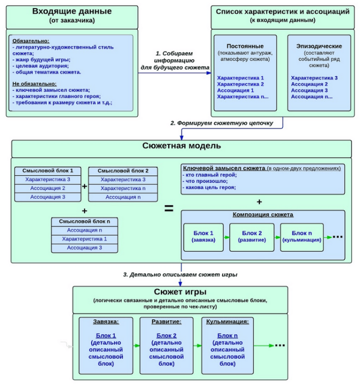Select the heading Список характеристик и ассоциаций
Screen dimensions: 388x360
[283, 11]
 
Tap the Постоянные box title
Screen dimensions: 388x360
[244, 46]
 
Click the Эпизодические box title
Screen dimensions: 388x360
[318, 46]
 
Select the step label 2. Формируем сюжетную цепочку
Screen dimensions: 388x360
[221, 123]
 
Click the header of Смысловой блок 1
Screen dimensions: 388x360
[48, 171]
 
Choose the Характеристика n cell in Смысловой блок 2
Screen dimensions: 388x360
[123, 188]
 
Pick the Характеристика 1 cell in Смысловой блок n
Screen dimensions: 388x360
[85, 239]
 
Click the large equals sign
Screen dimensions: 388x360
[169, 208]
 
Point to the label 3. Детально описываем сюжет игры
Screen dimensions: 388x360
[180, 274]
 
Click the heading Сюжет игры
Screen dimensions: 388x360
[181, 292]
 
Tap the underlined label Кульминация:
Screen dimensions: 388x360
[227, 322]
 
